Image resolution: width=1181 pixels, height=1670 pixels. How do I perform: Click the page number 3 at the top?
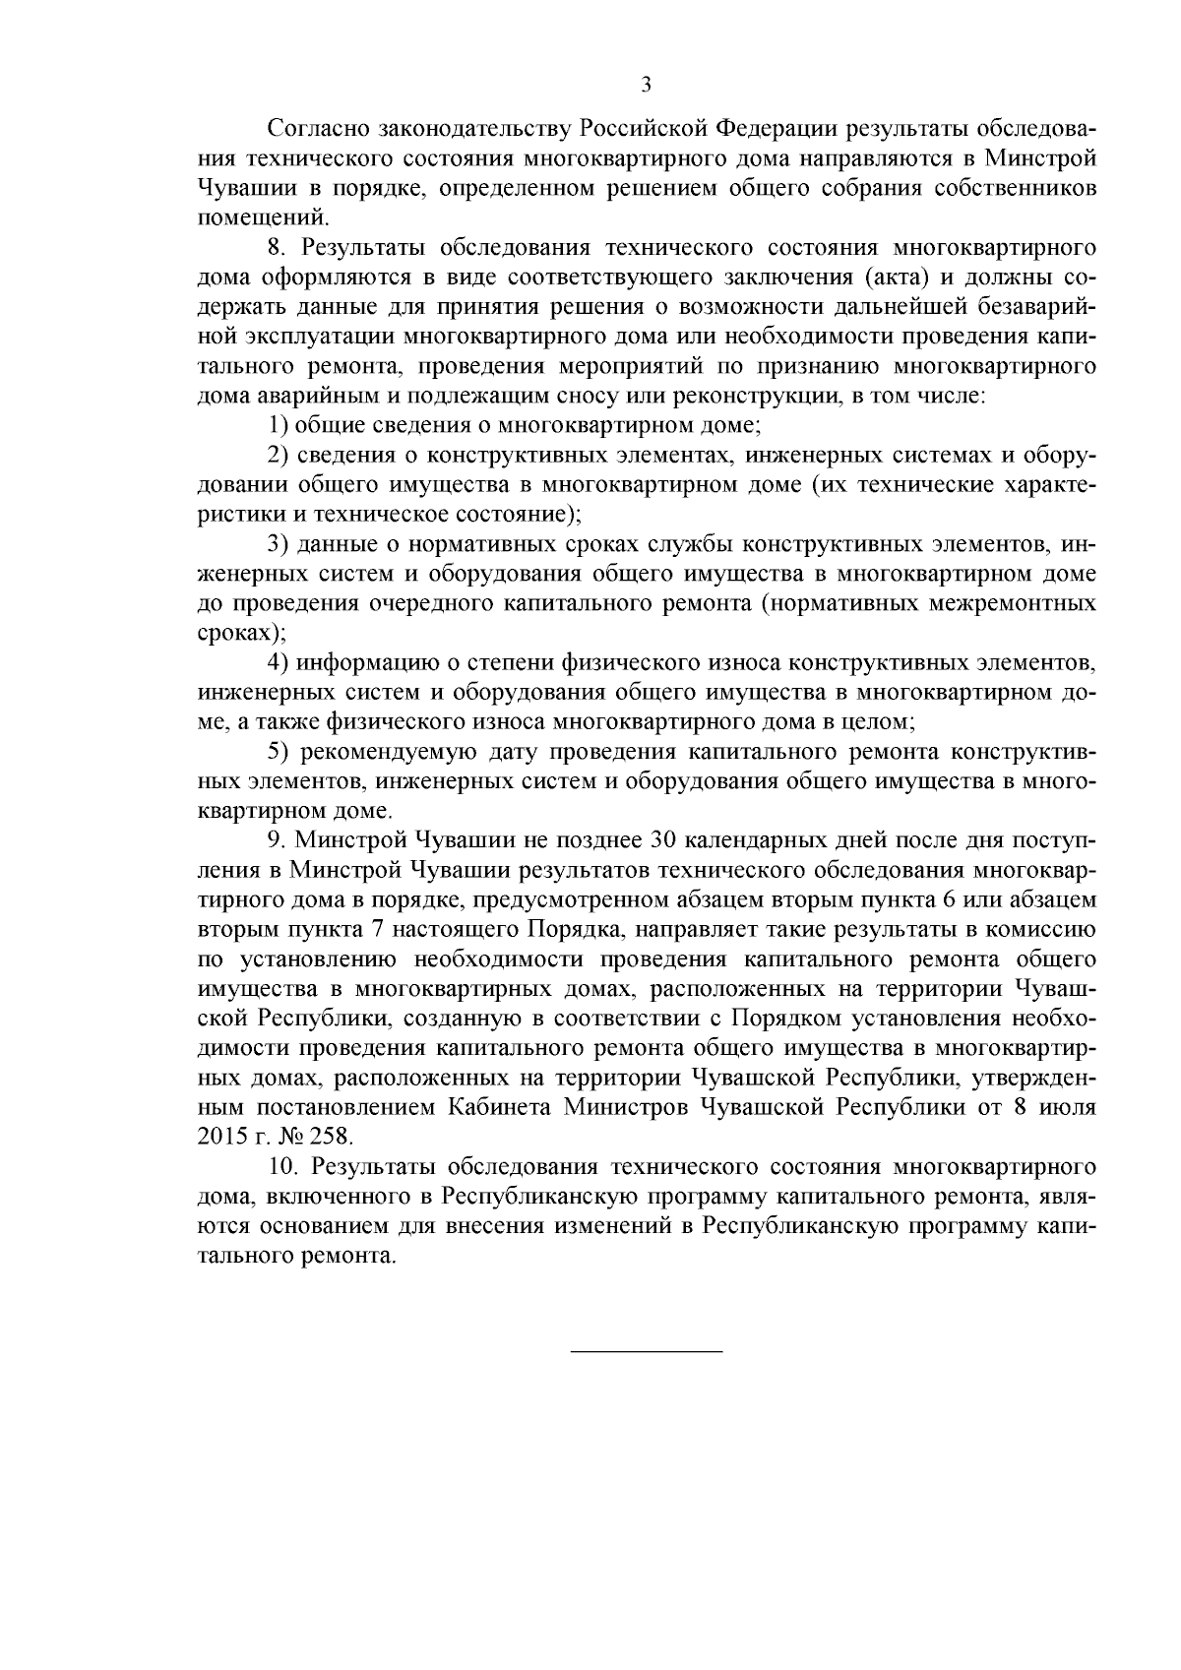click(646, 85)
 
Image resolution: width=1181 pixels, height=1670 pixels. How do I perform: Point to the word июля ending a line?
click(1067, 1107)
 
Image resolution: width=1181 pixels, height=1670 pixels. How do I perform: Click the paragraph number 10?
click(282, 1167)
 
